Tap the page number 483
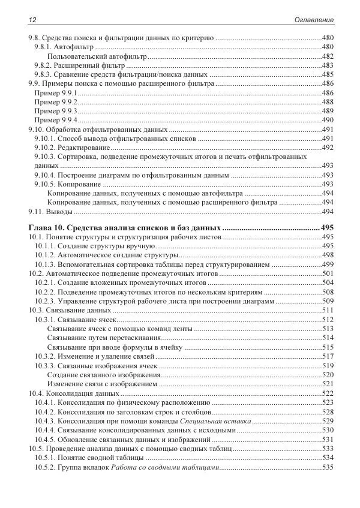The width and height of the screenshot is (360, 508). (328, 65)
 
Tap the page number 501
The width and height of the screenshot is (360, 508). (328, 273)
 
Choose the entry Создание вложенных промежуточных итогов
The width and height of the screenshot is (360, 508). (131, 282)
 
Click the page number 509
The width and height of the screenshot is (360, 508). (328, 301)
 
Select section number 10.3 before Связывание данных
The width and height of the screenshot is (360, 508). (37, 310)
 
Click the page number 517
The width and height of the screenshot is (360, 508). (328, 356)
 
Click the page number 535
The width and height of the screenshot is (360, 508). (328, 467)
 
